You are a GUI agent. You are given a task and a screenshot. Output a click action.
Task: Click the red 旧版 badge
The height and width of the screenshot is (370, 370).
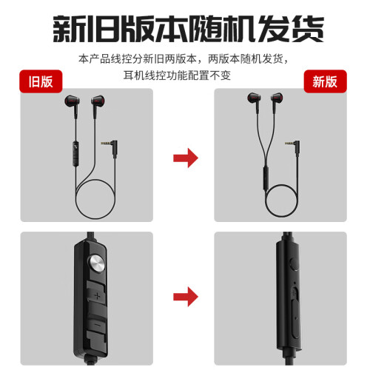pyautogui.click(x=41, y=81)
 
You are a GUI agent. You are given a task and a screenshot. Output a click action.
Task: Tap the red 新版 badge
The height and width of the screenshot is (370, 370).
pyautogui.click(x=325, y=81)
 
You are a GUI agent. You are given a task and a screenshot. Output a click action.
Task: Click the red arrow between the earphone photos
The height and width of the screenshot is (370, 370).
pyautogui.click(x=186, y=158)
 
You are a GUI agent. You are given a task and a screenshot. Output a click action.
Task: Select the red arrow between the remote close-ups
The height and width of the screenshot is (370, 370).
pyautogui.click(x=186, y=297)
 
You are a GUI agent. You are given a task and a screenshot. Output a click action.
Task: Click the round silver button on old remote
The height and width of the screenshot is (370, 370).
pyautogui.click(x=97, y=263)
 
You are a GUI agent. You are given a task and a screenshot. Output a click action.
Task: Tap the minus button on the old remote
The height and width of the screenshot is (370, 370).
pyautogui.click(x=97, y=325)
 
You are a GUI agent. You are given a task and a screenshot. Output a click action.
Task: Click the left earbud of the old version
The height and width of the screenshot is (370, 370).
pyautogui.click(x=73, y=102)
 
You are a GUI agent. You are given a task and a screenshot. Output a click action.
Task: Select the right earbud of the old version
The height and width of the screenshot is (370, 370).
pyautogui.click(x=97, y=102)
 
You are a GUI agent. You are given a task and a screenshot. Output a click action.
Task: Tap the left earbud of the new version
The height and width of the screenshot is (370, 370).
pyautogui.click(x=255, y=100)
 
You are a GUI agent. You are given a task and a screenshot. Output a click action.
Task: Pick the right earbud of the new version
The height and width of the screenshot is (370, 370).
pyautogui.click(x=277, y=100)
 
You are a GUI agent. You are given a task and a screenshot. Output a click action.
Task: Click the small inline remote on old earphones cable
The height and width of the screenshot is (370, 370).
pyautogui.click(x=75, y=153)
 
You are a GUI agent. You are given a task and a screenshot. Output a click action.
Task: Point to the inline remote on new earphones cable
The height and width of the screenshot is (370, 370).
pyautogui.click(x=266, y=178)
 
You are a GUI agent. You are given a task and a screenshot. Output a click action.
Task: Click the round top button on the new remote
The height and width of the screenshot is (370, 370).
pyautogui.click(x=293, y=264)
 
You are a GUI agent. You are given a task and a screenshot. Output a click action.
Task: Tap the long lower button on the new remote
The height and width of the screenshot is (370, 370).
pyautogui.click(x=295, y=318)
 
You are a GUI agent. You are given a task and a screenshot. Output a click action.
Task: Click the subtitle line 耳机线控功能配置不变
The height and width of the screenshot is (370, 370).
pyautogui.click(x=177, y=75)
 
